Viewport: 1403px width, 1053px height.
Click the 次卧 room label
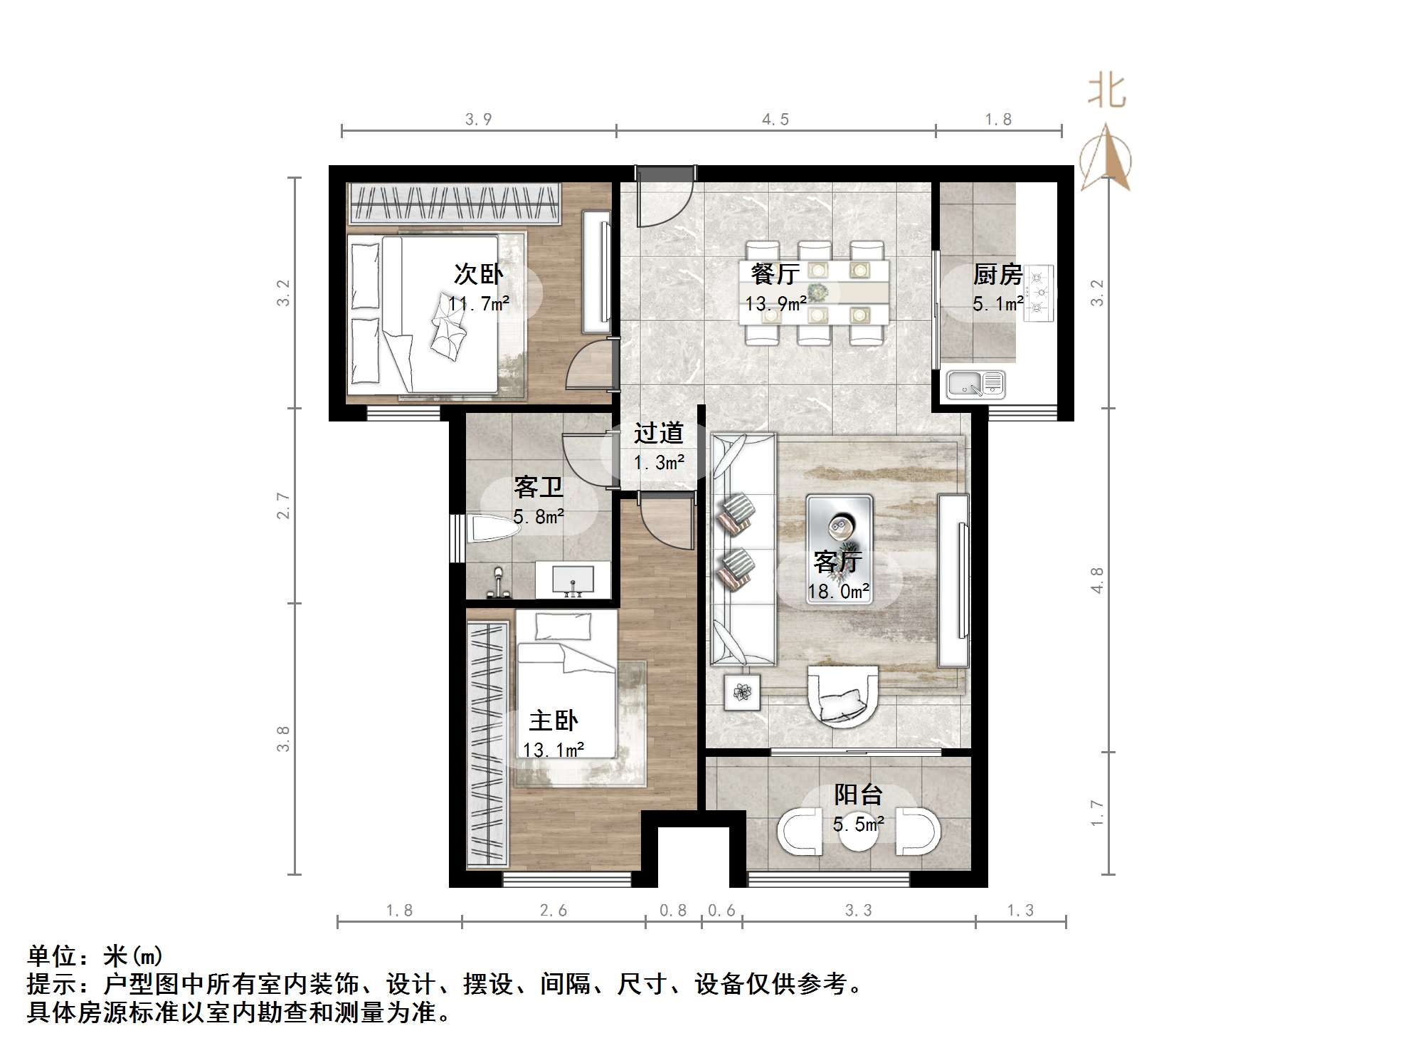[478, 274]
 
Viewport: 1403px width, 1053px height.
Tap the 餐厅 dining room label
[775, 274]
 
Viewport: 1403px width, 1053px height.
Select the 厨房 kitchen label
[997, 274]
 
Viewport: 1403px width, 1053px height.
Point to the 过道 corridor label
[658, 433]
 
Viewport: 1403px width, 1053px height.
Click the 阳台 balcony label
[858, 795]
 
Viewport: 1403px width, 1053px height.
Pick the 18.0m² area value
[838, 592]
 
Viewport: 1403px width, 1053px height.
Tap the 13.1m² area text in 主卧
[554, 750]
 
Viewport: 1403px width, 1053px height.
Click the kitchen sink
[974, 385]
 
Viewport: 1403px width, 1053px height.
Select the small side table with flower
[742, 691]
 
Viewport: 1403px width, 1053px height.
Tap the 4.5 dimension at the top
[775, 120]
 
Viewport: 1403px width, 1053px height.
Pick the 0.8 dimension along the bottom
[673, 911]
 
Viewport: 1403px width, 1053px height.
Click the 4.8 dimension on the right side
[1097, 580]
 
